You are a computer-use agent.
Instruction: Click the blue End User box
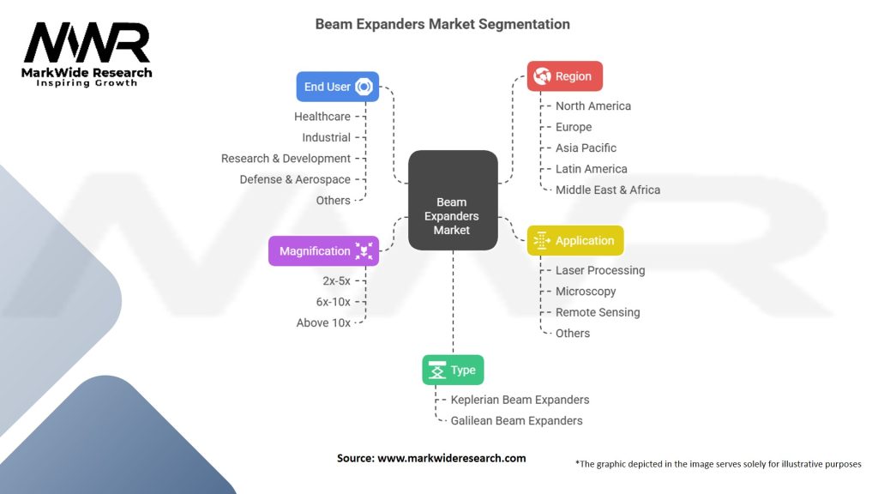(338, 87)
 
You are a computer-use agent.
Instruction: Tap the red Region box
(564, 76)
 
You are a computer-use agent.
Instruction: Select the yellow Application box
(575, 241)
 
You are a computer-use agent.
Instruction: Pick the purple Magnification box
(323, 251)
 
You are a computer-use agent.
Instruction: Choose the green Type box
(453, 370)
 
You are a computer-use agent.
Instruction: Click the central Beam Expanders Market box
(453, 200)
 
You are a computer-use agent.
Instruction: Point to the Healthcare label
(322, 117)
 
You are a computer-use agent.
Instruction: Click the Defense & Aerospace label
(295, 180)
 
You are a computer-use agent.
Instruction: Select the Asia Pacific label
(586, 148)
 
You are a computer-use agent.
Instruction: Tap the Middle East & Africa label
(608, 190)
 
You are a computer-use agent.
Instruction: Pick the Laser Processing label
(600, 270)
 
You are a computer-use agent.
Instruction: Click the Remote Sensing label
(598, 312)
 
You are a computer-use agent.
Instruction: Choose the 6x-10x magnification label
(334, 302)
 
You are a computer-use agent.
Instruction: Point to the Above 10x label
(323, 323)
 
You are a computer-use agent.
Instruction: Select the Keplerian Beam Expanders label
(520, 400)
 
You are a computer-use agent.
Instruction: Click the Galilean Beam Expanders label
(516, 420)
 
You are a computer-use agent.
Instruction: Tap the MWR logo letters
(87, 43)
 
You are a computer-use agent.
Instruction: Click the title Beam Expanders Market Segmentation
(442, 24)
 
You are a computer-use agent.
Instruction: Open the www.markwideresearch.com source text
(451, 458)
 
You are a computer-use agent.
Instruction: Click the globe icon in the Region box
(542, 76)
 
